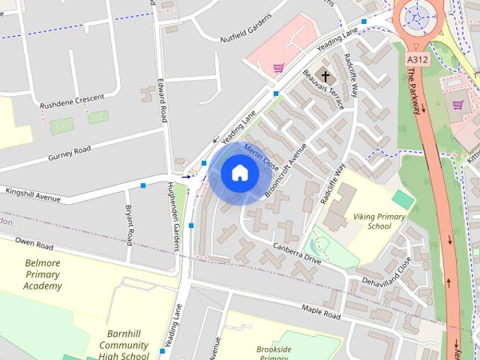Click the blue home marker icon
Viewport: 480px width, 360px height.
coord(239,173)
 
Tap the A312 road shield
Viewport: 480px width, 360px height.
coord(418,58)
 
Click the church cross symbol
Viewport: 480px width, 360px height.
coord(325,75)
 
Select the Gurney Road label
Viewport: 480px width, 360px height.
coord(69,152)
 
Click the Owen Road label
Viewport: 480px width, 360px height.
coord(35,245)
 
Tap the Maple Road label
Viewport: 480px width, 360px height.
coord(321,309)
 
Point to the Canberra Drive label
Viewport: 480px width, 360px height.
coord(297,253)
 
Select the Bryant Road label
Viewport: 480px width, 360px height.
coord(129,225)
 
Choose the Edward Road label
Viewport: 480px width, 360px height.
coord(162,103)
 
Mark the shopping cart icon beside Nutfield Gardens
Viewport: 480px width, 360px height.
coord(278,68)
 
